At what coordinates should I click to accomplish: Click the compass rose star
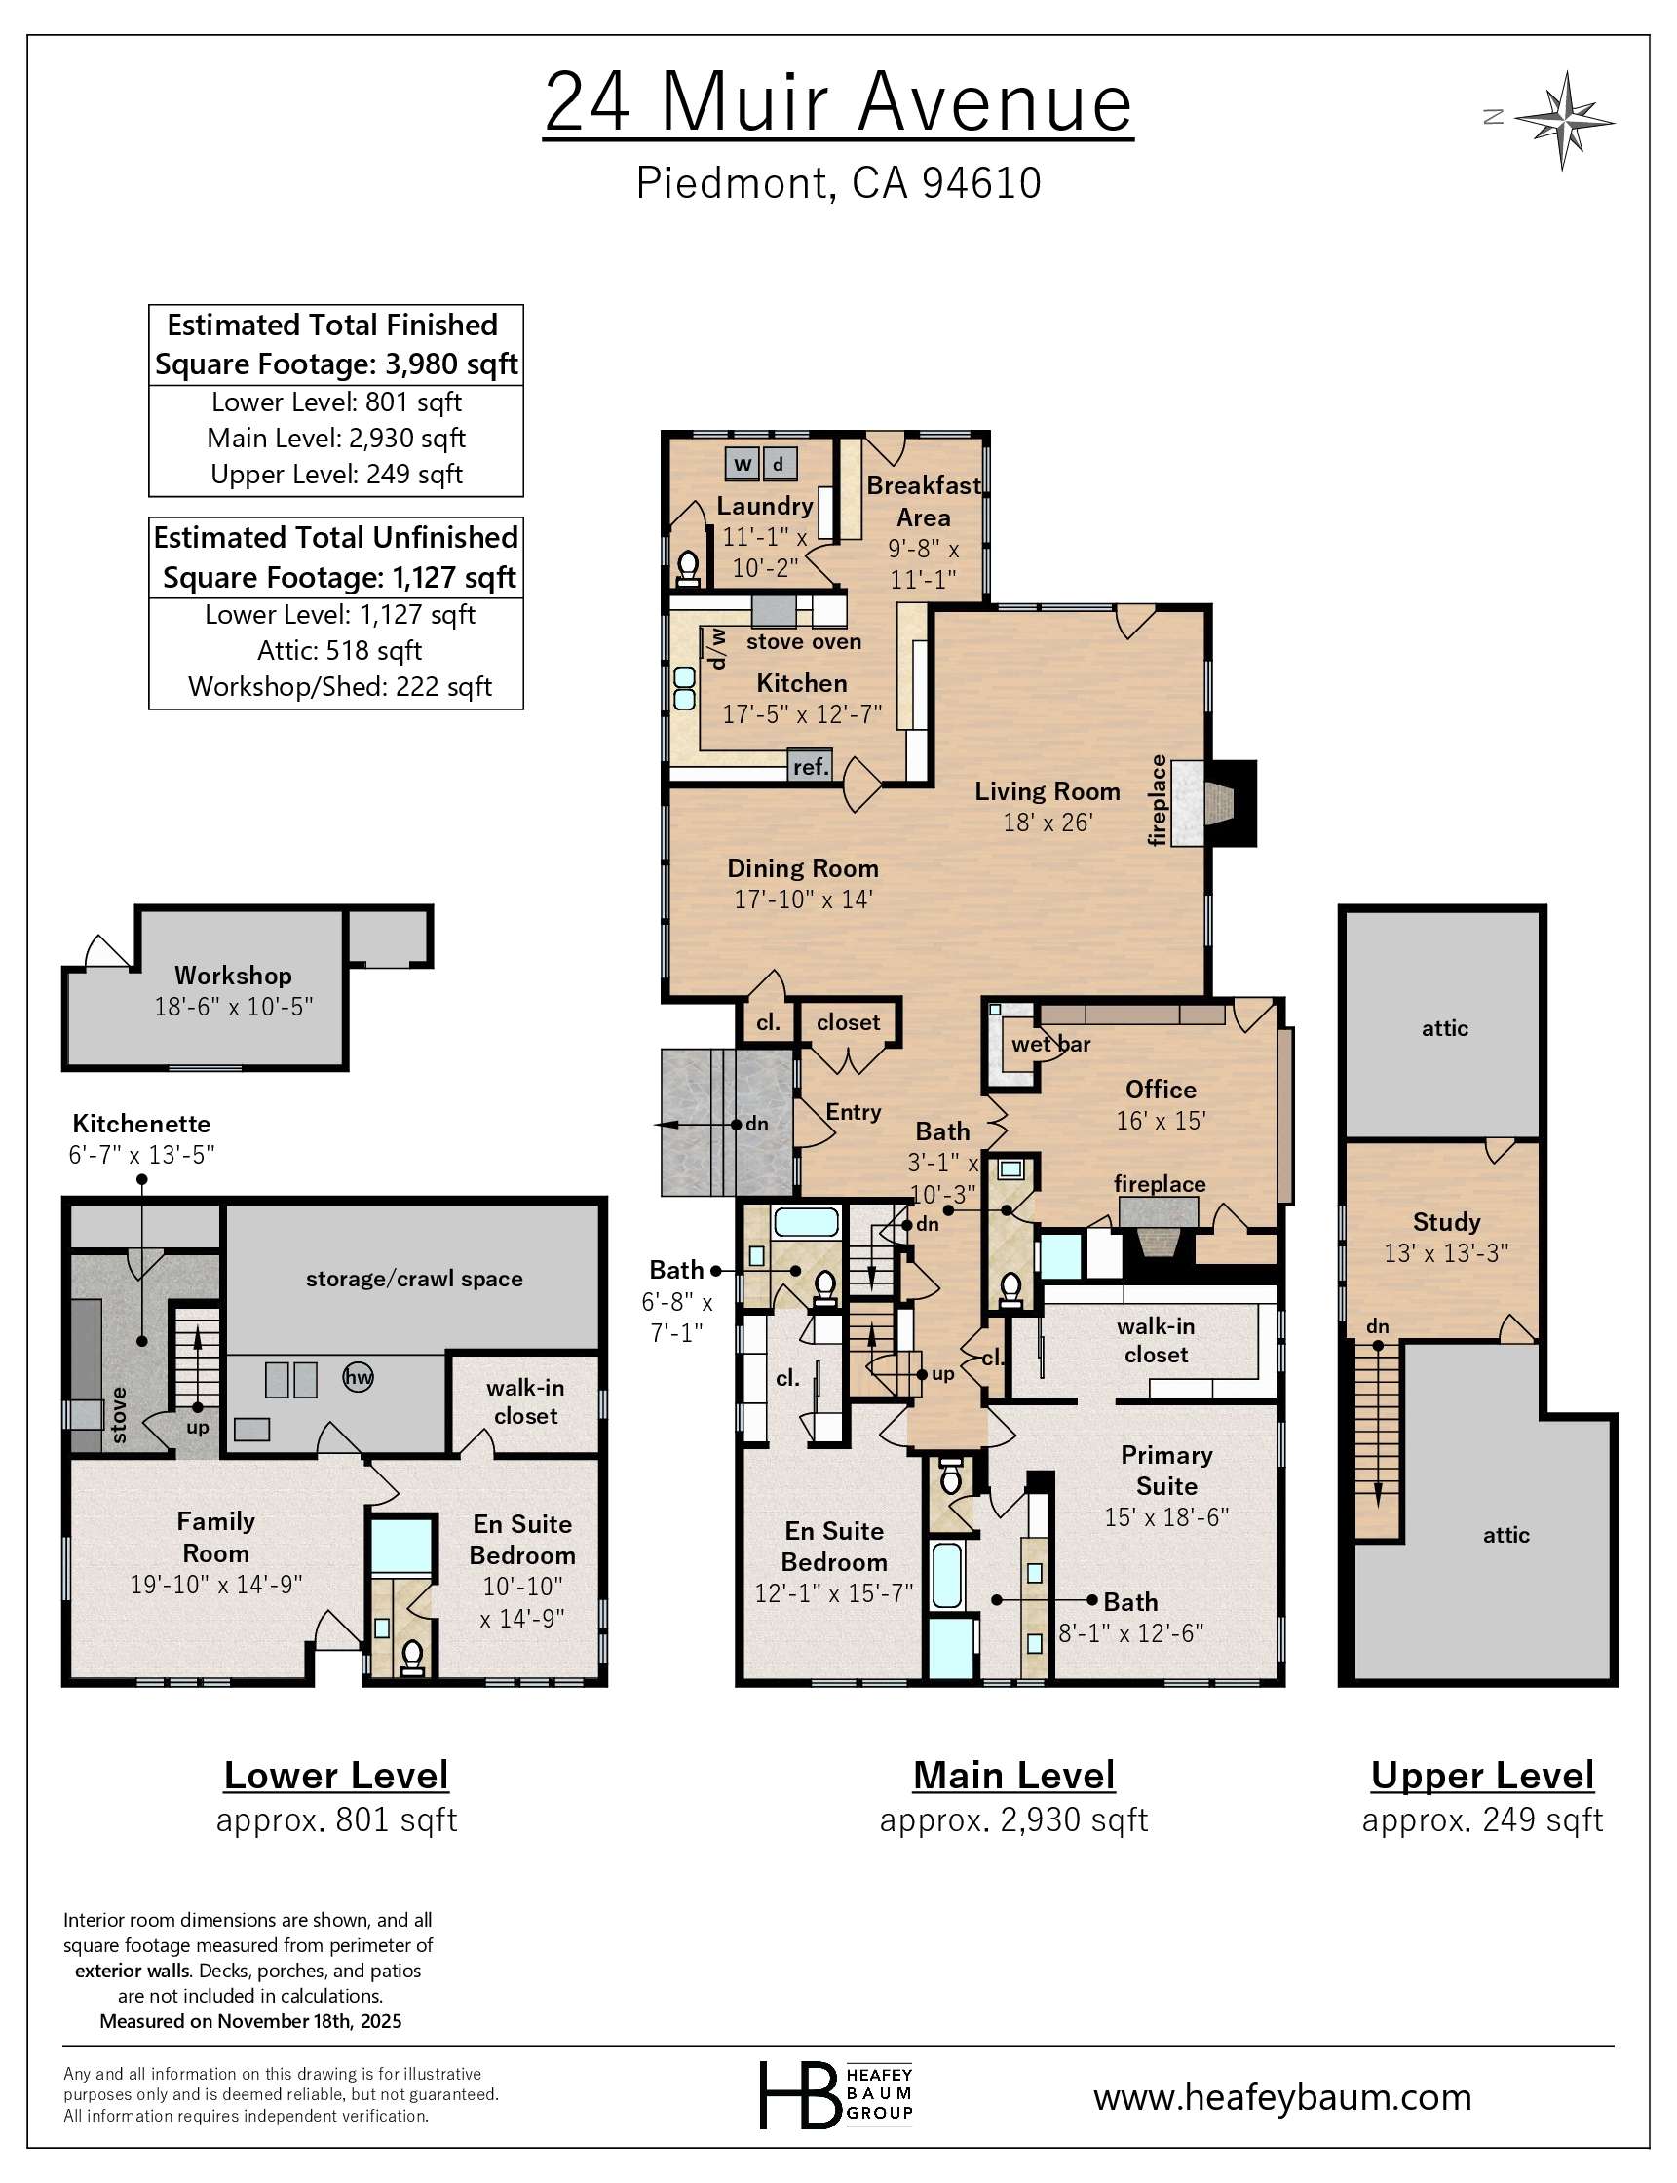(x=1563, y=120)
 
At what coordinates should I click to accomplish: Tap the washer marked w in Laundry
(x=742, y=463)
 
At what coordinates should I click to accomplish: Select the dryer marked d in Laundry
(x=779, y=463)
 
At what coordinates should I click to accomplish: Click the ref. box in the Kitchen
(x=810, y=767)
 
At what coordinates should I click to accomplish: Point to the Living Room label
(x=1048, y=791)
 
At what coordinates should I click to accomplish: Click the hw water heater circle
(x=358, y=1377)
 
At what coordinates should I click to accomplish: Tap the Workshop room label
(x=233, y=976)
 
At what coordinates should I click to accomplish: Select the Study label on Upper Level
(x=1445, y=1222)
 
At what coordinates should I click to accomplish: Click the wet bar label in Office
(x=1050, y=1044)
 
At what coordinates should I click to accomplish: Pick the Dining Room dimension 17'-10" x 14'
(x=803, y=900)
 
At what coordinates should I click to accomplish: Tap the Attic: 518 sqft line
(x=339, y=651)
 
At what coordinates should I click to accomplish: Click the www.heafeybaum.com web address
(x=1281, y=2096)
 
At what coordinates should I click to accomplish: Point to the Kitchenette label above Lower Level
(x=140, y=1124)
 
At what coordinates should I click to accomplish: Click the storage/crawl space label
(x=413, y=1279)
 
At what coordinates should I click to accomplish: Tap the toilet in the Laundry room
(x=688, y=568)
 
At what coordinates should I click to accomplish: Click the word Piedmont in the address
(x=732, y=183)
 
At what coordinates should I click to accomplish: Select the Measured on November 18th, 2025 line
(x=250, y=2021)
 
